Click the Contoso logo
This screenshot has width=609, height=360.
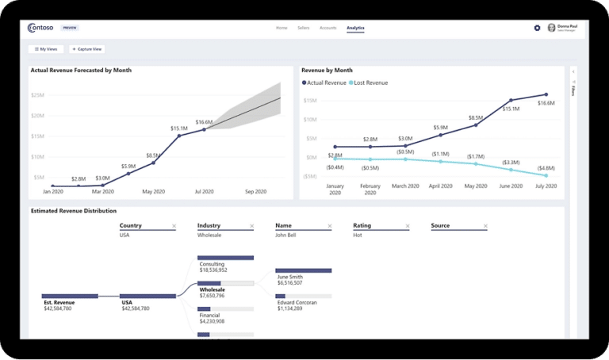pyautogui.click(x=40, y=28)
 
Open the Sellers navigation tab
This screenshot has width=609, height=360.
pyautogui.click(x=303, y=28)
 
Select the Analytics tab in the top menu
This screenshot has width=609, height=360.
pyautogui.click(x=355, y=28)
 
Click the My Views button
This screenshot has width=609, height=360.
pyautogui.click(x=45, y=49)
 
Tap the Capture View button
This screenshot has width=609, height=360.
pyautogui.click(x=86, y=49)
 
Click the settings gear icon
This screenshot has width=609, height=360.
pyautogui.click(x=537, y=28)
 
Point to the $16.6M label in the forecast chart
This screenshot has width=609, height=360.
pyautogui.click(x=204, y=122)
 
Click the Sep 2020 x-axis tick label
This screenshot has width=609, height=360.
pyautogui.click(x=256, y=191)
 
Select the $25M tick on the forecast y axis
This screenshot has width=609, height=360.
pyautogui.click(x=37, y=95)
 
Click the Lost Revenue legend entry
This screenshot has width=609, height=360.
pyautogui.click(x=367, y=82)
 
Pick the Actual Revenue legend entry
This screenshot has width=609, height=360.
pyautogui.click(x=324, y=82)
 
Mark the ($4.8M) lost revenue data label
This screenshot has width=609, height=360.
pyautogui.click(x=546, y=168)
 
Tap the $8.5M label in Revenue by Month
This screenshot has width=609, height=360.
pyautogui.click(x=476, y=118)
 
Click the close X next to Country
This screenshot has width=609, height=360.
pyautogui.click(x=174, y=226)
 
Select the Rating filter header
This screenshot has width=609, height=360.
pyautogui.click(x=362, y=226)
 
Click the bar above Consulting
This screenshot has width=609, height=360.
pyautogui.click(x=224, y=258)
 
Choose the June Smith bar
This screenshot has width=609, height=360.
pyautogui.click(x=303, y=270)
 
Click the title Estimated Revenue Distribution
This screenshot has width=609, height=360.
pyautogui.click(x=73, y=211)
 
